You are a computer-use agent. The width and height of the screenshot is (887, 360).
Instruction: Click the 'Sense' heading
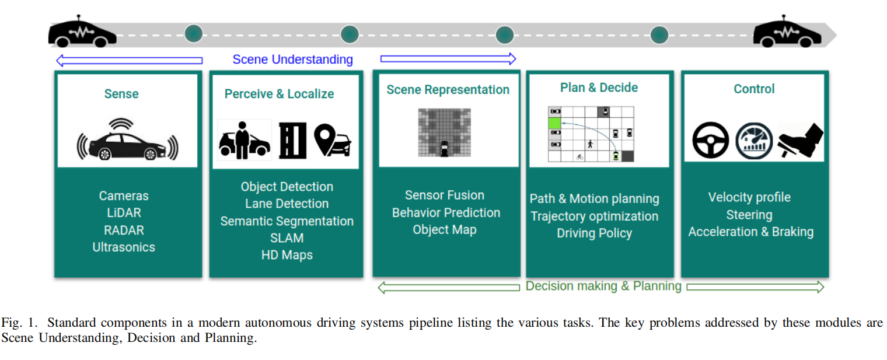coord(121,94)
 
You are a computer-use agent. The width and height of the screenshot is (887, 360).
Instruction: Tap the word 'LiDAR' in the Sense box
coord(124,212)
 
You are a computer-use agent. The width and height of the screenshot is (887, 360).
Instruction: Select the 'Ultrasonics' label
coord(124,247)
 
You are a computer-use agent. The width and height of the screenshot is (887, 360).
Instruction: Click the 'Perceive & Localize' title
coord(279,94)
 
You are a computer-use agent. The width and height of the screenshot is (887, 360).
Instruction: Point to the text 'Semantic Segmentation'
coord(287,221)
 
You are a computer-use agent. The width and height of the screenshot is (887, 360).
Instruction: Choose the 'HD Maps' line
coord(287,255)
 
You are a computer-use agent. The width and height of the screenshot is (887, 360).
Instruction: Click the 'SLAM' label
coord(287,238)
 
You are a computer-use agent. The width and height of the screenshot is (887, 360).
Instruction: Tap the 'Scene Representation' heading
coord(448,90)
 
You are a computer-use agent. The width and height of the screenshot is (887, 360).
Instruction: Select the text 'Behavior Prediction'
coord(446,212)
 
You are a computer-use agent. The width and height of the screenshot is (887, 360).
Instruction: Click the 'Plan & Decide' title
coord(599,88)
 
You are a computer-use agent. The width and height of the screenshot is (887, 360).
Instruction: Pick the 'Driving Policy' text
coord(595,233)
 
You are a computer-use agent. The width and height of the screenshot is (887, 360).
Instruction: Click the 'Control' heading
coord(754,89)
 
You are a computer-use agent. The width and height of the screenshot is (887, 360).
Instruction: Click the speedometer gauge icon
coord(754,141)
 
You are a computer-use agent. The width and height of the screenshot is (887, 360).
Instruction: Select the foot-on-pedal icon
coord(801,140)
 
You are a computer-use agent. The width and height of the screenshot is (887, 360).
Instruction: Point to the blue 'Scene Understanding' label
coord(292,60)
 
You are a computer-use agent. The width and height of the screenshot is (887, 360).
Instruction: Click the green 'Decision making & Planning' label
coord(603,286)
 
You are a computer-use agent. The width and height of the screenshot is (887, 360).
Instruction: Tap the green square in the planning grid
coord(554,123)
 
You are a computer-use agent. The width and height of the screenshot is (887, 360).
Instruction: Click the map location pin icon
coord(324,139)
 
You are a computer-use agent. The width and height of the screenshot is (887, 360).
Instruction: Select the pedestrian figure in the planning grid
coord(590,144)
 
